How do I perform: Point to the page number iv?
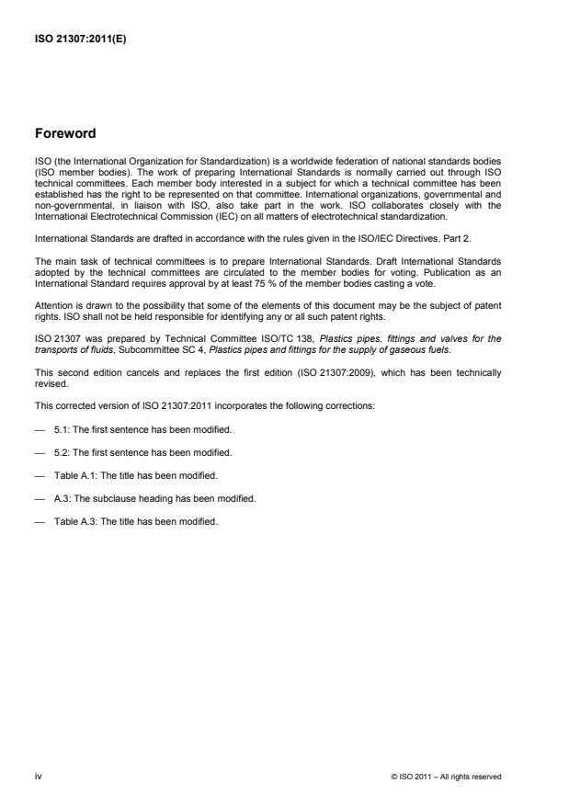[39, 777]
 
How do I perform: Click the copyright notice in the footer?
[446, 777]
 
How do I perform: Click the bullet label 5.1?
[62, 427]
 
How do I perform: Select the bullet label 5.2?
[62, 453]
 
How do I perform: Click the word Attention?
[52, 304]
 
